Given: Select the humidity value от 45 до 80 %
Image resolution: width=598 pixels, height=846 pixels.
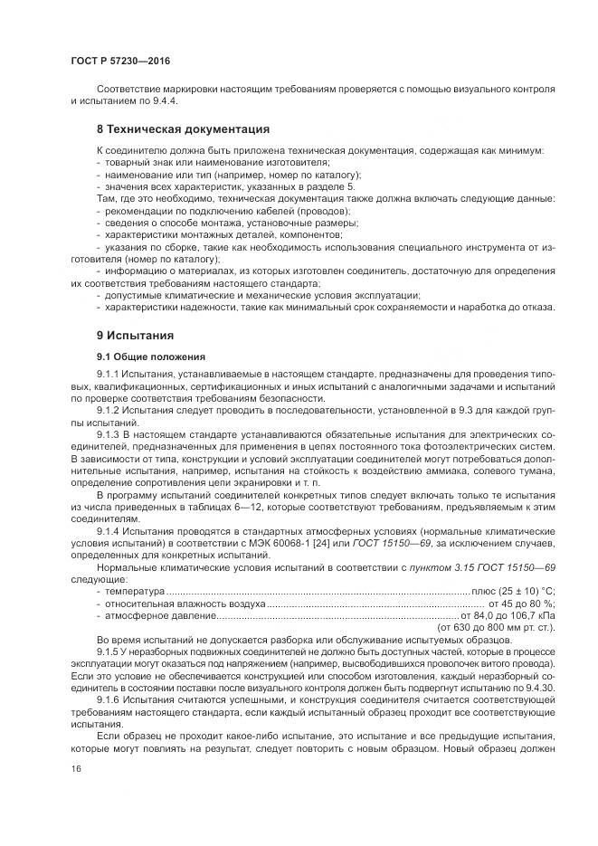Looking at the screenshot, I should (521, 604).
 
